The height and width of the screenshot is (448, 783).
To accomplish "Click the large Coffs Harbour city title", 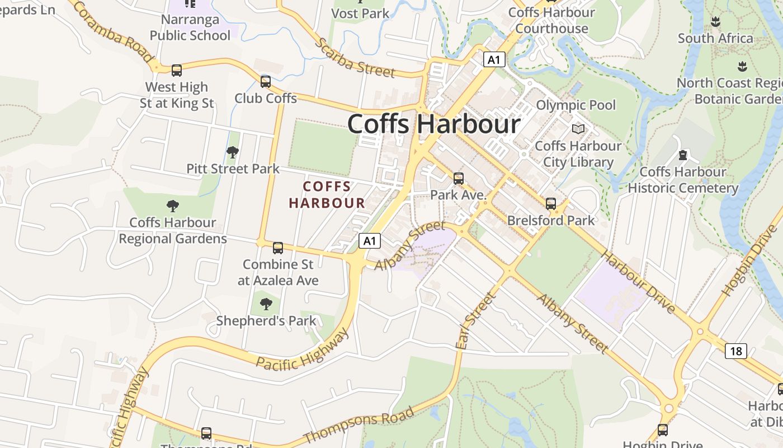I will coord(433,124).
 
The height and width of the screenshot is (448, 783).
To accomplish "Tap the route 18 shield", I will coord(736,351).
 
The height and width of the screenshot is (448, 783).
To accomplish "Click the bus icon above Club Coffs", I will coord(266,82).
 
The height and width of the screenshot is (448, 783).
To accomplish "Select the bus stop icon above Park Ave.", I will coord(459,179).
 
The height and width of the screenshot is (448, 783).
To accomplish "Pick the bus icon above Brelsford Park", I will coord(551,204).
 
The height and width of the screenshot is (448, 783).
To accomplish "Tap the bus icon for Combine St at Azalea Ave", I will coord(277,248).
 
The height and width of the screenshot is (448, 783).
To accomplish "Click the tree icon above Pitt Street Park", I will coord(233,152).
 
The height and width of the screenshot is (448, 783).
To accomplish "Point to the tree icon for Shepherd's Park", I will coord(266,304).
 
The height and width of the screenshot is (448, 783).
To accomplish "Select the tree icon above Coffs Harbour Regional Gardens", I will coord(173,206).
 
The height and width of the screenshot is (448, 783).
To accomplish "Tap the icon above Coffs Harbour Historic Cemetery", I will coord(683,155).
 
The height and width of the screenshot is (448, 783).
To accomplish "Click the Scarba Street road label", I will coord(355,58).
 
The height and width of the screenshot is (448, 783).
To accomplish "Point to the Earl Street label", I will coord(475,321).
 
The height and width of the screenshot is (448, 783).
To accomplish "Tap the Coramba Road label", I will coord(112,31).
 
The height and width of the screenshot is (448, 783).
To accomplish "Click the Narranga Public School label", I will coord(190,27).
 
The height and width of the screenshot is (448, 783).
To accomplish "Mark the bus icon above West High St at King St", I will coord(177,71).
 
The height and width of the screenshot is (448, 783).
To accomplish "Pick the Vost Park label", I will coord(361,13).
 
